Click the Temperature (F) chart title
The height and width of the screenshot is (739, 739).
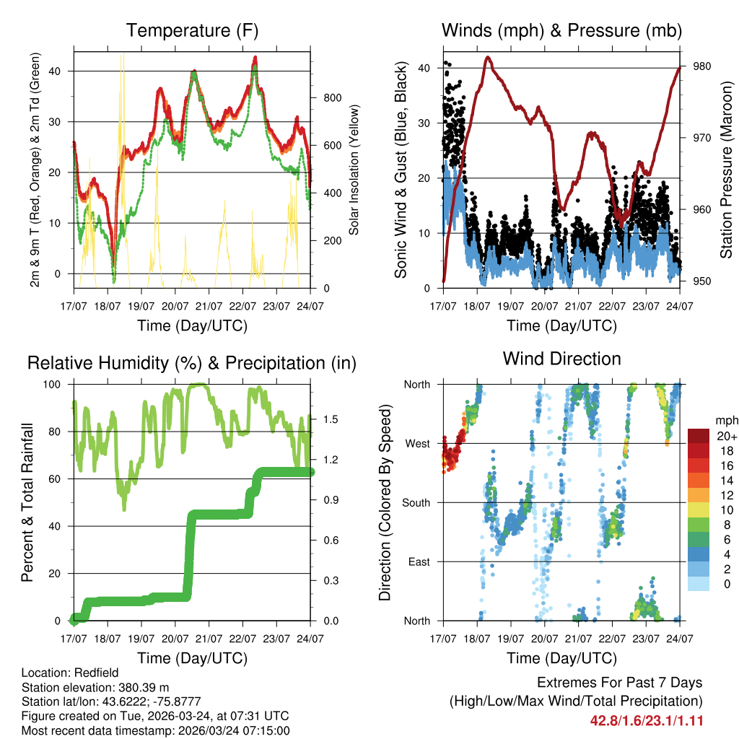coord(192,31)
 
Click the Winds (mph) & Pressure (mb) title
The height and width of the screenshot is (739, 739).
coord(561,31)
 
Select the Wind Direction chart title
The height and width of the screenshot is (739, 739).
coord(561,359)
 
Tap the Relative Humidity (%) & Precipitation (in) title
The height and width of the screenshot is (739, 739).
coord(192,363)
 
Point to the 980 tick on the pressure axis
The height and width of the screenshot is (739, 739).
coord(702,66)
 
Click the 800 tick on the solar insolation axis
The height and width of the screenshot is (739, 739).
coord(331,98)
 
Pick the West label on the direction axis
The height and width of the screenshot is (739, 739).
coord(417,443)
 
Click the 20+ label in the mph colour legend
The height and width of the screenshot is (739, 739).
coord(726,436)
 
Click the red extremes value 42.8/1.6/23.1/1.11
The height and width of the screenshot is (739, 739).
coord(647,720)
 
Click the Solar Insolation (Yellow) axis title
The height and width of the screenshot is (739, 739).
coord(354,170)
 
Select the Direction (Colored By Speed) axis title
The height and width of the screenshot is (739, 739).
coord(385,502)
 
